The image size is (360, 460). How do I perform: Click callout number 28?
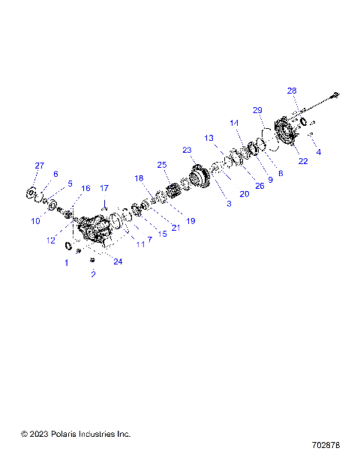292,91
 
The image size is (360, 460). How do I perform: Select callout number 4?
318,153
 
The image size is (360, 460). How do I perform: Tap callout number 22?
303,161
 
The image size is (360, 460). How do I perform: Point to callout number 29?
257,110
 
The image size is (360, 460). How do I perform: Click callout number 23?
187,150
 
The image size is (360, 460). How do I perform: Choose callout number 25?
161,164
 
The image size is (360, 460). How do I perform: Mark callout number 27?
40,166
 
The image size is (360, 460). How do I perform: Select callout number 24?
118,260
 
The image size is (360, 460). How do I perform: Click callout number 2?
93,274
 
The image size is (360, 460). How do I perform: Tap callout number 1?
66,262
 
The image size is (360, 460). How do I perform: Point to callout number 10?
35,221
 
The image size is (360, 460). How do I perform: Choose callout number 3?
229,203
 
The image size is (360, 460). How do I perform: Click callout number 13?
209,138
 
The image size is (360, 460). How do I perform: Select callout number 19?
190,220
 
